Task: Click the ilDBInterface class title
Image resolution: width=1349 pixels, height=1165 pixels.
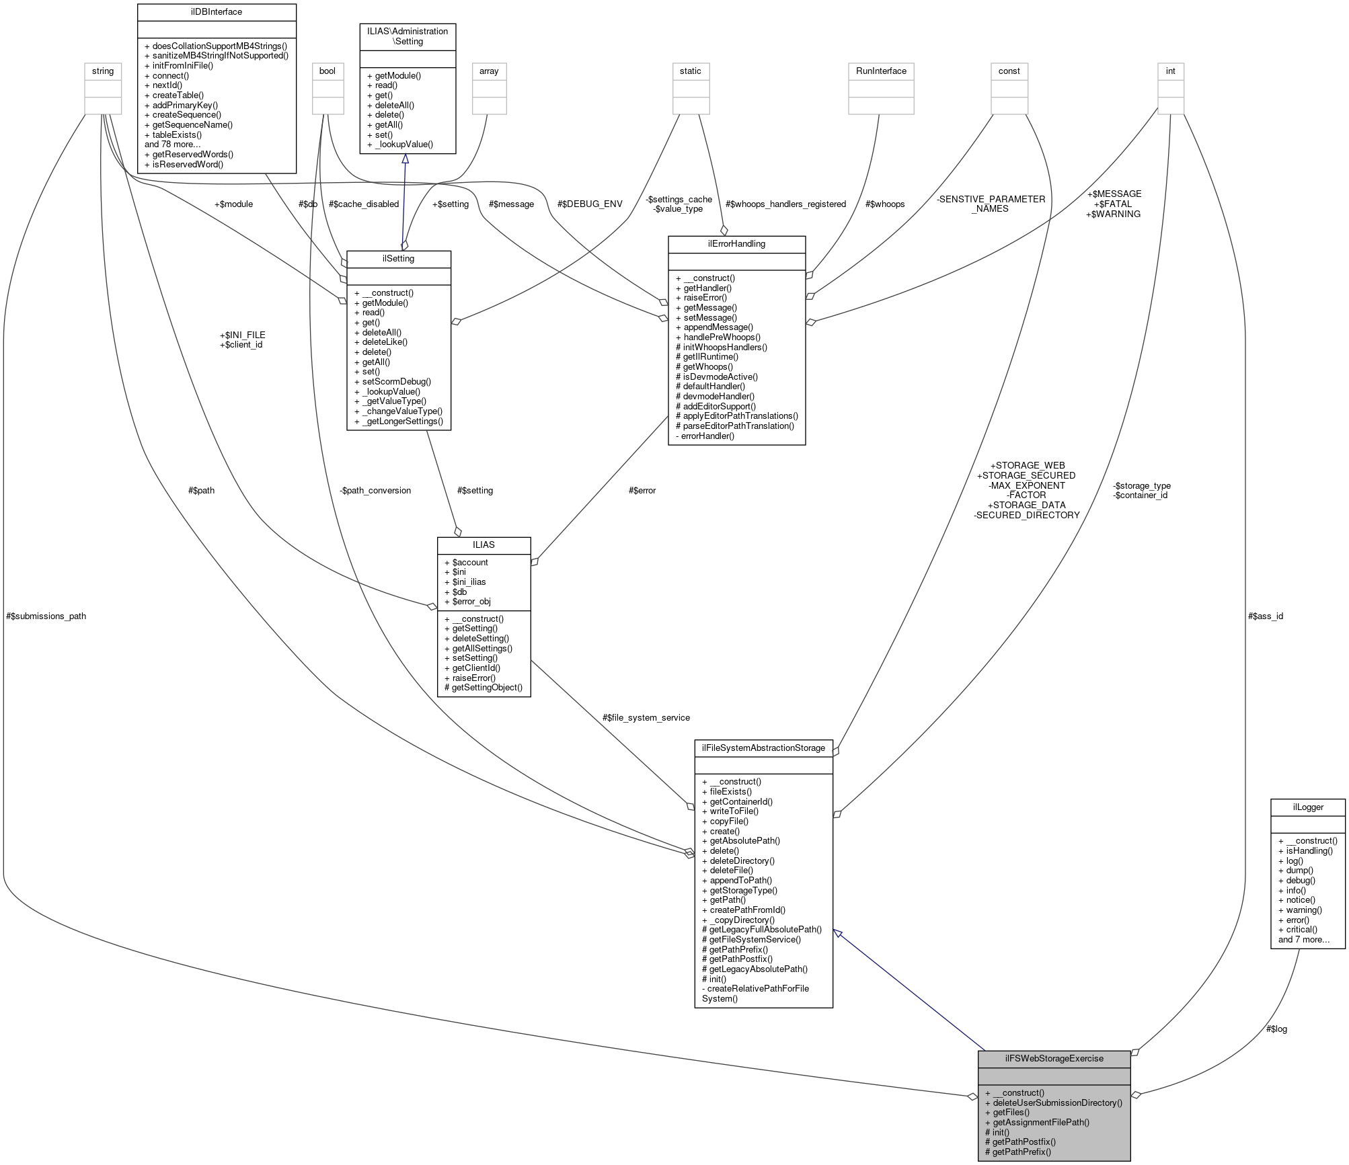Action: [217, 12]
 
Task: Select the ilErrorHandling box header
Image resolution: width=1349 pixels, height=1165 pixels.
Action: [736, 244]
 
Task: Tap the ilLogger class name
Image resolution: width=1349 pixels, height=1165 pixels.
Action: [1307, 807]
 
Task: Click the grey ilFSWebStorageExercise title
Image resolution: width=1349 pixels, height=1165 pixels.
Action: [1054, 1059]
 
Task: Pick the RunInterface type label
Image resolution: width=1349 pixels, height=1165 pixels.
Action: [881, 71]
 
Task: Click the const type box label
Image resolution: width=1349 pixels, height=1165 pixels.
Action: [1009, 71]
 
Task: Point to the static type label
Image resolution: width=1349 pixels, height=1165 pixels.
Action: [691, 71]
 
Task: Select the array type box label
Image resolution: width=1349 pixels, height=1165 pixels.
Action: [488, 71]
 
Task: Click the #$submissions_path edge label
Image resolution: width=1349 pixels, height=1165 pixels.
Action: [46, 616]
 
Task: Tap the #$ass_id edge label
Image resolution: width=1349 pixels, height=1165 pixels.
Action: [1265, 616]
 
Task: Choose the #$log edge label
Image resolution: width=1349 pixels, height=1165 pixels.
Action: [1276, 1029]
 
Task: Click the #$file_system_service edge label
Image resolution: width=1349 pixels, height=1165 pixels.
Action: [646, 717]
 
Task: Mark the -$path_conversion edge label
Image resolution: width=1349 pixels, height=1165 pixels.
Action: [375, 490]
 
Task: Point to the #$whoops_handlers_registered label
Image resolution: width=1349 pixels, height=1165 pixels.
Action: [785, 204]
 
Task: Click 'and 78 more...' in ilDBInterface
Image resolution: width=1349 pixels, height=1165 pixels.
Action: [172, 145]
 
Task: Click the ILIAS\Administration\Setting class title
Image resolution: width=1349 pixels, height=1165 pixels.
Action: [408, 36]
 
